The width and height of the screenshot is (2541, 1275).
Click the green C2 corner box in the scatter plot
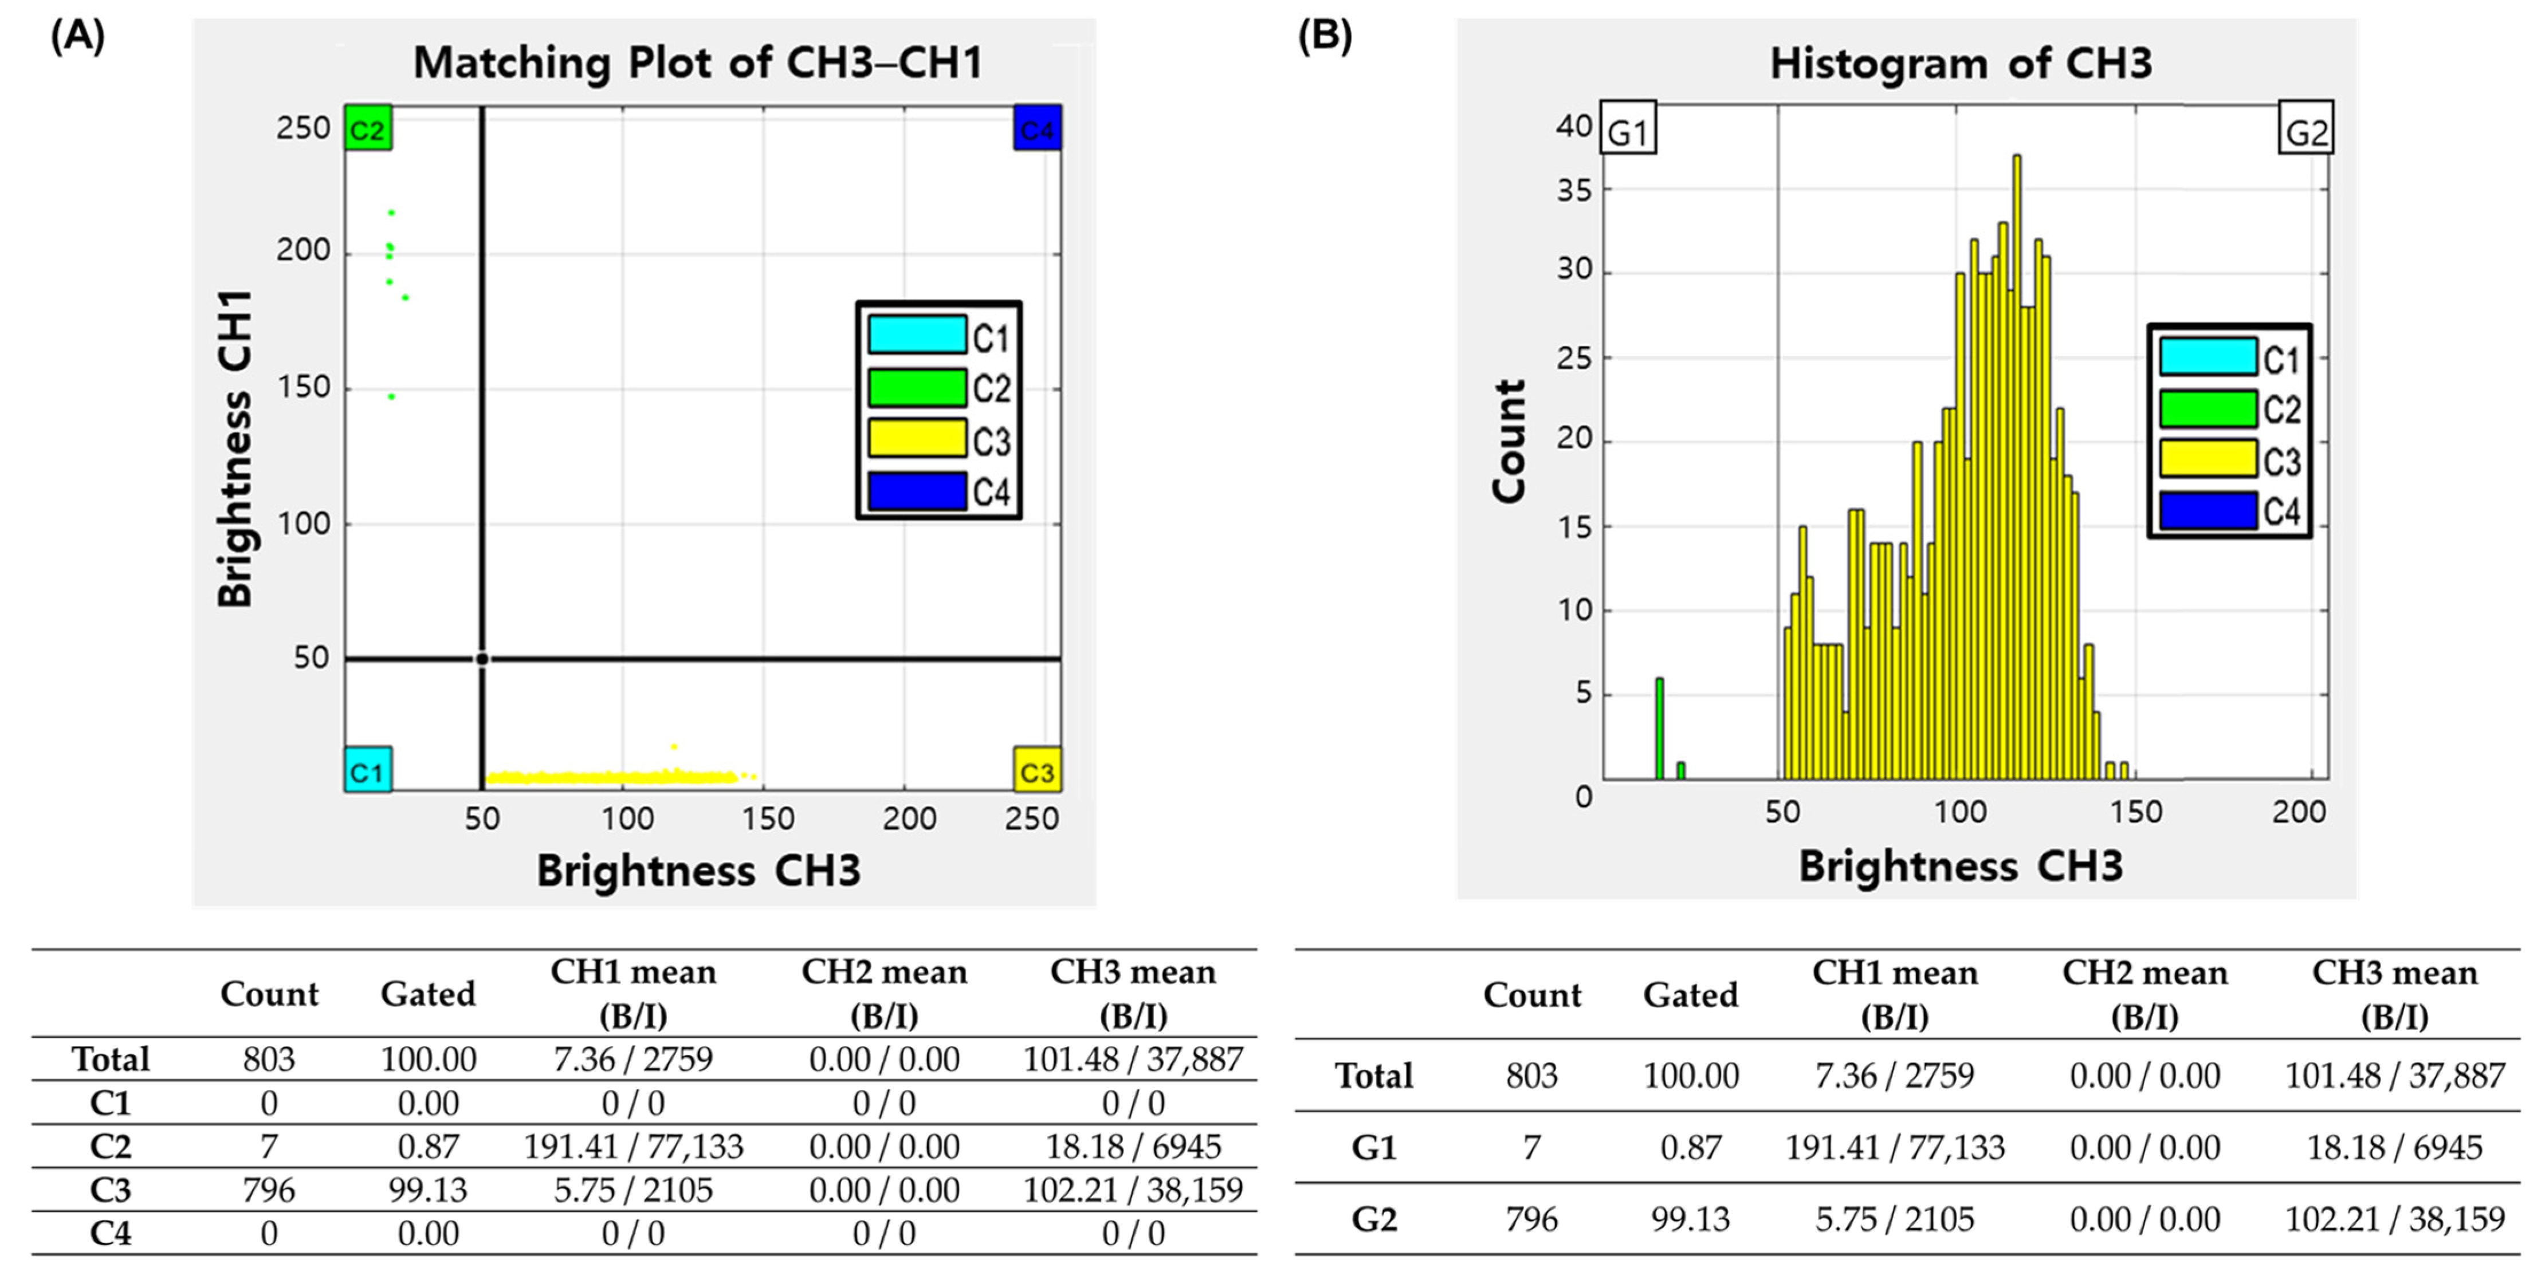click(368, 128)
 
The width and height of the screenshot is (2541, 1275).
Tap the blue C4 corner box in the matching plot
click(1036, 128)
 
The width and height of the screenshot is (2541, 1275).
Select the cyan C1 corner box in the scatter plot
click(368, 770)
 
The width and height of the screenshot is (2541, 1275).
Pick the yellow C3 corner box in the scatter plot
click(1036, 770)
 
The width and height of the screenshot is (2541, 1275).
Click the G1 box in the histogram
click(1628, 128)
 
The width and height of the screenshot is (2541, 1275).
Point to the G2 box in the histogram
click(2306, 128)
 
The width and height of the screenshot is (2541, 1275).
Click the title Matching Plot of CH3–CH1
click(697, 63)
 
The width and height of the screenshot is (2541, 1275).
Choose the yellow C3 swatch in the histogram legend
click(2208, 459)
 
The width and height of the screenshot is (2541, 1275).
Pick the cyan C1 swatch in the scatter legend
click(916, 335)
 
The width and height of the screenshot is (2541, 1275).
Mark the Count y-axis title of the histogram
click(1509, 441)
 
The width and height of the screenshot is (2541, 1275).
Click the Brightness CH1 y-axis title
click(235, 448)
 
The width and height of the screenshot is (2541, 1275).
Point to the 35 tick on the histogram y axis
click(1574, 190)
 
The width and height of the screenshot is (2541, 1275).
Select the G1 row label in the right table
click(1373, 1148)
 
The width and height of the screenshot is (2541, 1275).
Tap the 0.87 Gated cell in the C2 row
click(428, 1147)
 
